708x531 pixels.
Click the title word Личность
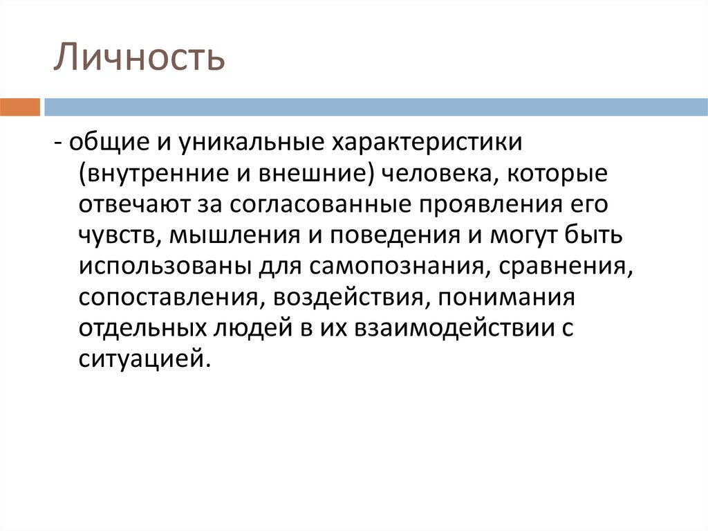click(x=140, y=58)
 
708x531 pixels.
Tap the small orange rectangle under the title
click(x=20, y=107)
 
